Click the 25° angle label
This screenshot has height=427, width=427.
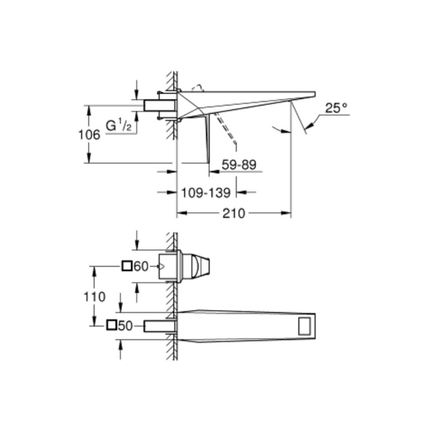click(x=336, y=108)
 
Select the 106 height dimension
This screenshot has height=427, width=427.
click(x=89, y=135)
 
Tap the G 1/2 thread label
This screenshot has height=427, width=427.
click(x=118, y=126)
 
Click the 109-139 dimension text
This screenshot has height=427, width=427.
click(x=205, y=193)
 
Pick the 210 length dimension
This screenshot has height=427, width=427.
click(x=234, y=213)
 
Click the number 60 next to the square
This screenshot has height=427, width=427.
click(x=141, y=267)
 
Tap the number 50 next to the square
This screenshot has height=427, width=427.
click(x=125, y=326)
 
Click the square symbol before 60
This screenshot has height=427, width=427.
click(x=127, y=266)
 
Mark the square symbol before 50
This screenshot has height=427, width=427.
click(x=111, y=325)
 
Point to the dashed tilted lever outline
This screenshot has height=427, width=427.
click(x=225, y=128)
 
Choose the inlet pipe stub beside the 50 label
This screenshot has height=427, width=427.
click(x=160, y=326)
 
